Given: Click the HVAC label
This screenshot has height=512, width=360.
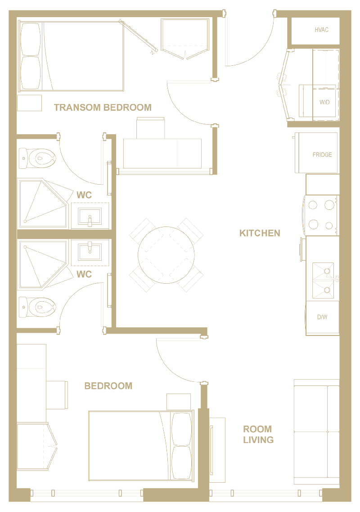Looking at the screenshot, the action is [x=321, y=30].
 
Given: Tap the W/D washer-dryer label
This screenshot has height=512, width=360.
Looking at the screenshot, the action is [x=324, y=102].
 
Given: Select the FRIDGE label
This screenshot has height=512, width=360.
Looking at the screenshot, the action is [x=322, y=154].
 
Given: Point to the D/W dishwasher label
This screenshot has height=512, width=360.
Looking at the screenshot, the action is [x=322, y=317].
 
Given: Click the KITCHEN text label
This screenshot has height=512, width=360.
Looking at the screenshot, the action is [x=260, y=233].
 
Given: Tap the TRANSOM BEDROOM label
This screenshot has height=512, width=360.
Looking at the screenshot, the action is [x=103, y=108].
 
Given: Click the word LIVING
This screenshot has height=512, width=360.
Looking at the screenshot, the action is [x=258, y=440].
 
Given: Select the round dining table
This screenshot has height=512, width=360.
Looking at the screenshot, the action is [x=166, y=255].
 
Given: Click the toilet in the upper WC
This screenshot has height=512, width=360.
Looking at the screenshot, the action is [x=37, y=159].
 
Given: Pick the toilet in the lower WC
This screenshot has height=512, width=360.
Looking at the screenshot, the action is [x=37, y=307].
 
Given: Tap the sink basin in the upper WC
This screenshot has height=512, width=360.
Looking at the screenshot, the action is [x=90, y=216].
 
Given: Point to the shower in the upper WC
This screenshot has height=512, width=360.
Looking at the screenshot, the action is [x=43, y=203].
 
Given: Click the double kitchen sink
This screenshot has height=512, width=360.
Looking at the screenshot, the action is [x=323, y=281].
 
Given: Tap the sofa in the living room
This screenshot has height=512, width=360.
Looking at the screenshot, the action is [x=317, y=432].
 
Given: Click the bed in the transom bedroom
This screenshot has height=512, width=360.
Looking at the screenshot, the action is [x=71, y=56].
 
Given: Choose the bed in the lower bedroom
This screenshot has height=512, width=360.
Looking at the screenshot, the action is [x=141, y=446].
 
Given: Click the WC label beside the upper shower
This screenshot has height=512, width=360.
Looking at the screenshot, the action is [x=84, y=195].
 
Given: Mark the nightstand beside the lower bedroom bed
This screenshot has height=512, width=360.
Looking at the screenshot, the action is [x=179, y=402].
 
